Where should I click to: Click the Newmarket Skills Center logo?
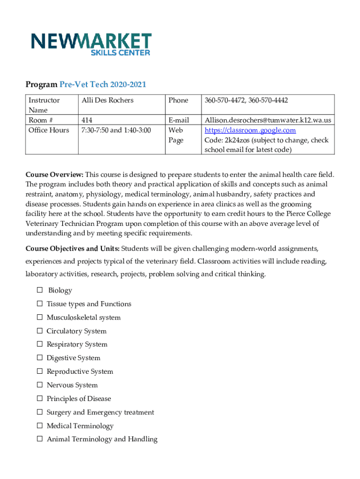tap(91, 44)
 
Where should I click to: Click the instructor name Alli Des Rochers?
tap(108, 100)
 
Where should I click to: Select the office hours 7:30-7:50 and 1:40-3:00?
tap(116, 130)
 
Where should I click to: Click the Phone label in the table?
tap(178, 100)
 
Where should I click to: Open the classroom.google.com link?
tap(250, 130)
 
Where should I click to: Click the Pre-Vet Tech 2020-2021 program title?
tap(103, 84)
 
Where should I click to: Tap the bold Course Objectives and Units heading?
tap(72, 247)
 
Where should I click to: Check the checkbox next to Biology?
tap(39, 290)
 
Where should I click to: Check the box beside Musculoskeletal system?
tap(39, 318)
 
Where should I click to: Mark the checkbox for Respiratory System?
tap(39, 345)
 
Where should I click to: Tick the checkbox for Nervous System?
tap(39, 385)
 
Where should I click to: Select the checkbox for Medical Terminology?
tap(39, 426)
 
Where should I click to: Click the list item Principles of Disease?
tap(79, 399)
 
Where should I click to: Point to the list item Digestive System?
tap(73, 358)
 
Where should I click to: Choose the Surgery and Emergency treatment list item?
tap(100, 412)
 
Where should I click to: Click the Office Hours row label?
tap(49, 130)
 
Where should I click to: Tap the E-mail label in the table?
tap(179, 120)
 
